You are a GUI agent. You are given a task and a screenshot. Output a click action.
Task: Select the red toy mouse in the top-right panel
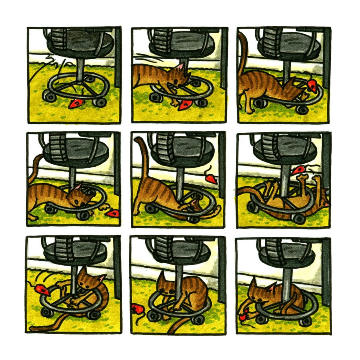(x=312, y=86)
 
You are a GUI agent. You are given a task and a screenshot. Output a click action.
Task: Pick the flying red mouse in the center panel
(x=212, y=177)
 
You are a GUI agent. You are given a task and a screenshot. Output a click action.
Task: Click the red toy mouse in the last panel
(x=243, y=316)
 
